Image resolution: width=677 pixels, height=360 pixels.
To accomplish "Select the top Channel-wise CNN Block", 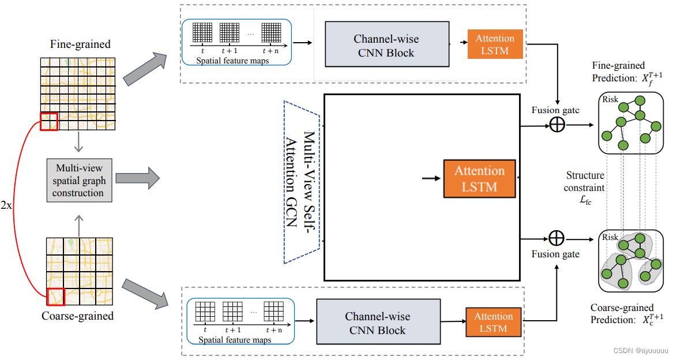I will (x=386, y=46).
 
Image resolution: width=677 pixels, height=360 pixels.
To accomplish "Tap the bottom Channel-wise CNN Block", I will (x=377, y=323).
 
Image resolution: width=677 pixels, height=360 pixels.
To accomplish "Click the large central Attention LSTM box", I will (x=479, y=178).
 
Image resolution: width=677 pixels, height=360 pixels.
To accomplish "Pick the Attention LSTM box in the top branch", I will (x=495, y=44).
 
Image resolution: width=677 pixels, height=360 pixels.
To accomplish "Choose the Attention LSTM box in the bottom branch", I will (x=493, y=322).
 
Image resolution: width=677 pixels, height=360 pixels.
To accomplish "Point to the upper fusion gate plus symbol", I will (x=556, y=125).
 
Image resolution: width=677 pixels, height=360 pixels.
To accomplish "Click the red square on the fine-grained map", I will (x=49, y=121).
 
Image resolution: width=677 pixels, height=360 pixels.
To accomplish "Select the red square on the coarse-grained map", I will (x=55, y=296).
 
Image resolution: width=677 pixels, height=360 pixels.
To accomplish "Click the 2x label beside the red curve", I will (x=7, y=206).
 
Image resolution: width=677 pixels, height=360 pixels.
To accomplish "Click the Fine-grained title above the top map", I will (x=80, y=44).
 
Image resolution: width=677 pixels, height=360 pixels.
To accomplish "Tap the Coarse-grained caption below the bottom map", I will (x=78, y=316).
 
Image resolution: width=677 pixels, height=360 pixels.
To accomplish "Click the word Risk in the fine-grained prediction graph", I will (x=610, y=99).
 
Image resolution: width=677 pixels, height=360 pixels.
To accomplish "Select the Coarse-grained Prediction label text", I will (x=626, y=314).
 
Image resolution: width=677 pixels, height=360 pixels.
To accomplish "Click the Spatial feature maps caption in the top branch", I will (x=232, y=61).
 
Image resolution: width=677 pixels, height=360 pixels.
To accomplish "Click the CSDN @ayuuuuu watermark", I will (x=640, y=350).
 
